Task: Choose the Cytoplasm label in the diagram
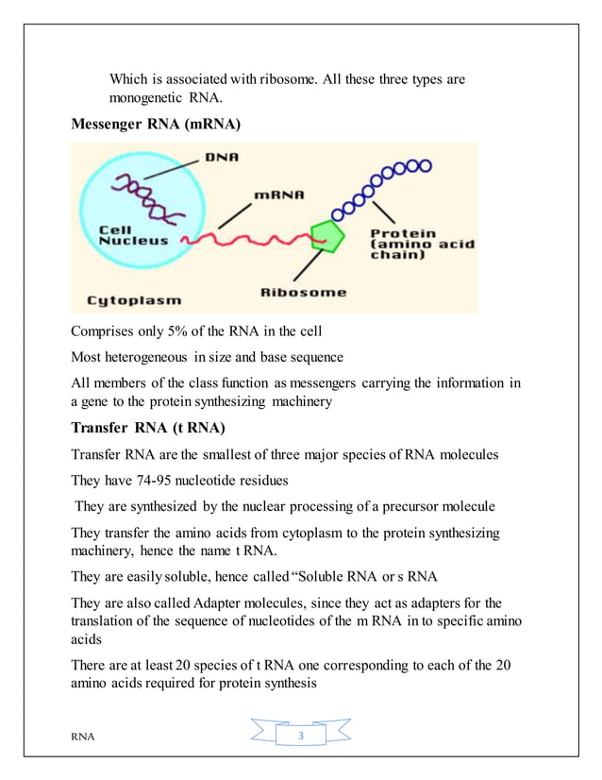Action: [134, 300]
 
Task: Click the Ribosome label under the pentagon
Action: [305, 292]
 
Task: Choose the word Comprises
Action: [103, 331]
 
